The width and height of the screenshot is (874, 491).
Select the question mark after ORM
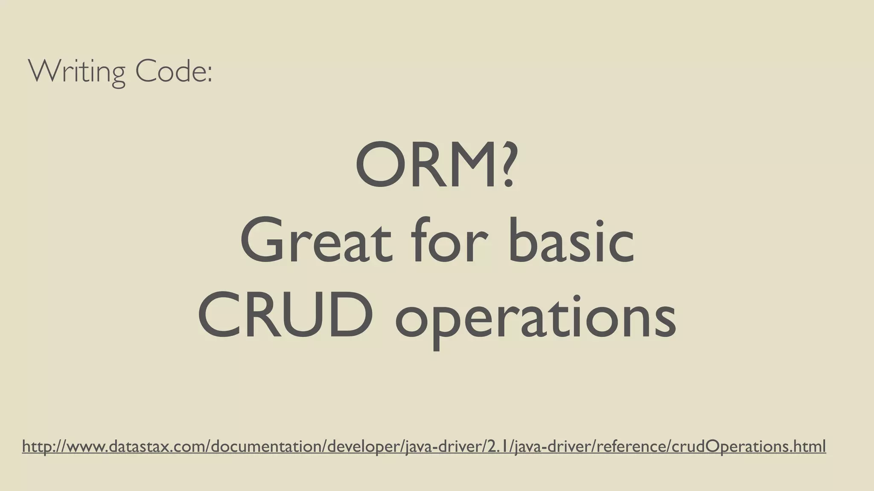click(506, 166)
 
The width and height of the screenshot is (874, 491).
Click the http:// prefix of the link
click(43, 447)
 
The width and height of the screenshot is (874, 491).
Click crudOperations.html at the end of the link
click(749, 447)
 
